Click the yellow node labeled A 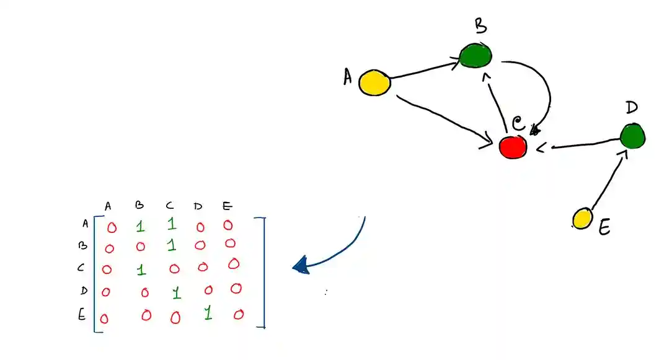(x=375, y=83)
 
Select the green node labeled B (x=476, y=55)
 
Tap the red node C (x=513, y=146)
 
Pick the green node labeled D (x=632, y=136)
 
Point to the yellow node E (x=582, y=219)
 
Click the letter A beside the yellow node (x=348, y=77)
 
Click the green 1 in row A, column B (x=140, y=226)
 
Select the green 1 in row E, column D (x=208, y=314)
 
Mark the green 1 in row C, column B (x=141, y=270)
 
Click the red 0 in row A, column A (x=112, y=227)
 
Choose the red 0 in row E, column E (x=239, y=315)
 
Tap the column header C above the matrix (x=170, y=206)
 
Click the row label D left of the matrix (x=84, y=291)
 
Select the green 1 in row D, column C (x=177, y=291)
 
